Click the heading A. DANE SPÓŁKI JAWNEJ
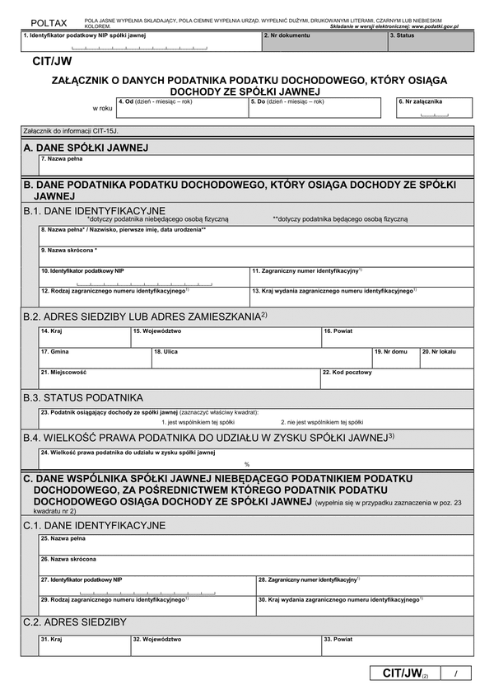tap(86, 148)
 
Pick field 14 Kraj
tap(84, 337)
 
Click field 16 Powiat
tap(397, 337)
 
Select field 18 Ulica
tap(261, 358)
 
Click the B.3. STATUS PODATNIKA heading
tap(83, 397)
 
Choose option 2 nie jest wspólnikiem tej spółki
tap(315, 421)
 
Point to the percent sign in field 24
tap(246, 464)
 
